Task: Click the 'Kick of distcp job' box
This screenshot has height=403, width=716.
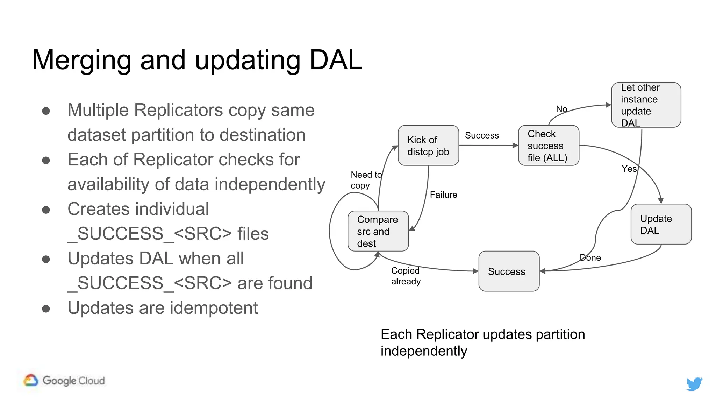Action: click(428, 145)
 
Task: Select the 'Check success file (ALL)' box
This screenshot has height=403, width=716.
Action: click(548, 145)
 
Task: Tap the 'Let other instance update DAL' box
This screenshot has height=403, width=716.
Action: click(646, 105)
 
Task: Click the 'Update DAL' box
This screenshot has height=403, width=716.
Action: click(661, 224)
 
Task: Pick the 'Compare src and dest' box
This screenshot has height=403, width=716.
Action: click(378, 231)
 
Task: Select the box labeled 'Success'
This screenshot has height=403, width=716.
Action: click(509, 271)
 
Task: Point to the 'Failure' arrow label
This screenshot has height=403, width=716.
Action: click(443, 195)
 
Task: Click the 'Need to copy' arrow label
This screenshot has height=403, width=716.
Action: click(366, 180)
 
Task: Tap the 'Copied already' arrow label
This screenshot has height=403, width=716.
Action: click(406, 276)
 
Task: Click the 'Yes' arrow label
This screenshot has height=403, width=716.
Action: click(629, 169)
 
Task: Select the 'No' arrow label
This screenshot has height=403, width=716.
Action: click(561, 109)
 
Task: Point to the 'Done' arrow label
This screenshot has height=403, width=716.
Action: click(590, 258)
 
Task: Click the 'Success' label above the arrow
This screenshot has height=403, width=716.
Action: click(481, 135)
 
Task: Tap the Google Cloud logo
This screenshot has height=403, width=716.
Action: click(64, 380)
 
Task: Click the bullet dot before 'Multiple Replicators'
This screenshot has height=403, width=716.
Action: click(46, 111)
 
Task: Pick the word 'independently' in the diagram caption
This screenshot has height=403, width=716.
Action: click(423, 351)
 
